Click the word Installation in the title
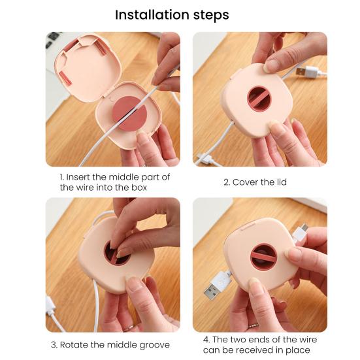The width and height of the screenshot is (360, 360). pyautogui.click(x=152, y=14)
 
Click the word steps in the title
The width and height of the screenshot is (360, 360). pyautogui.click(x=211, y=16)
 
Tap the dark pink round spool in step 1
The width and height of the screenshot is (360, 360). pyautogui.click(x=130, y=114)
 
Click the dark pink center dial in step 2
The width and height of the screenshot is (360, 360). pyautogui.click(x=259, y=99)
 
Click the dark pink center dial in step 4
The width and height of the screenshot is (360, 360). pyautogui.click(x=263, y=257)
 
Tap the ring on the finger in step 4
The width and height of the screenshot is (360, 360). pyautogui.click(x=253, y=325)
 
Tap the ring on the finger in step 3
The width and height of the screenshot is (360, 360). pyautogui.click(x=128, y=327)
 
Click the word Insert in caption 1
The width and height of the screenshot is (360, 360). pyautogui.click(x=77, y=177)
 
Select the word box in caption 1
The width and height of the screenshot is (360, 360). pyautogui.click(x=139, y=188)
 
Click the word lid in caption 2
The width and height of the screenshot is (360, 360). pyautogui.click(x=282, y=182)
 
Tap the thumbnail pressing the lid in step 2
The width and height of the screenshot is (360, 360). pyautogui.click(x=272, y=66)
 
